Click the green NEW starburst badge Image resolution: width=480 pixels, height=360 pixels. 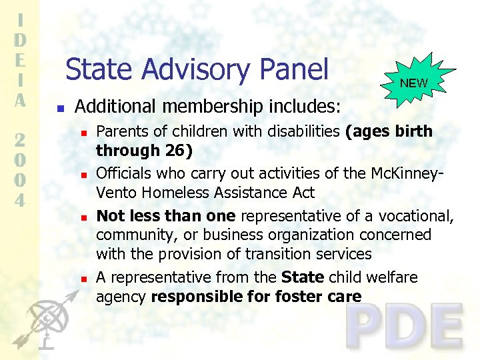point(413,83)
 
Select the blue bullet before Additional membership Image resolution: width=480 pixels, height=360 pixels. point(60,107)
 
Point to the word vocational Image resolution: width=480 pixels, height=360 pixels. point(419,215)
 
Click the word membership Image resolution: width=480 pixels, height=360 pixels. point(214,106)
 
